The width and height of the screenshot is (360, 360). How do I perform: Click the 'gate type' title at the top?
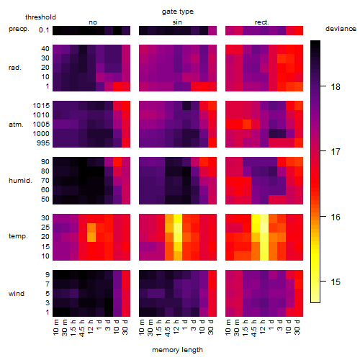click(178, 12)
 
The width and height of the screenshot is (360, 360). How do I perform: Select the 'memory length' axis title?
click(177, 350)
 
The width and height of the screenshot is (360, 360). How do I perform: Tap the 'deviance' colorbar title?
click(341, 29)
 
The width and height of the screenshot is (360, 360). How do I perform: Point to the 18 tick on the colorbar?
click(323, 86)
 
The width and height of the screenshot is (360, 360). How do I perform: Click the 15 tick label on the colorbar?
click(336, 282)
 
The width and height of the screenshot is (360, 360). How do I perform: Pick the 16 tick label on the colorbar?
click(336, 217)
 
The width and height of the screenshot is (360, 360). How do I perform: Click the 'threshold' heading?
click(40, 17)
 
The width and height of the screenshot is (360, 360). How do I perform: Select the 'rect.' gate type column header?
click(262, 22)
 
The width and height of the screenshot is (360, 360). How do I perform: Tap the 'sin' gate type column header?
click(177, 22)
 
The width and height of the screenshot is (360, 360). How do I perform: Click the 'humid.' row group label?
click(20, 181)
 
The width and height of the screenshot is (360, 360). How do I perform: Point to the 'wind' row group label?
click(17, 294)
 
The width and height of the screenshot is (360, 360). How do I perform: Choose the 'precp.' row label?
click(19, 29)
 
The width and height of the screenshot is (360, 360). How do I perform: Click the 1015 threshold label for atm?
click(41, 106)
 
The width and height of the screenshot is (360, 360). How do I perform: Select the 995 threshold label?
click(43, 143)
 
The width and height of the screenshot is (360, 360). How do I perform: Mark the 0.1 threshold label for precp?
click(44, 30)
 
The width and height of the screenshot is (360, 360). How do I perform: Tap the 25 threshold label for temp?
click(45, 228)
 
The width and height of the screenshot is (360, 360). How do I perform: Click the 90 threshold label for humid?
click(45, 162)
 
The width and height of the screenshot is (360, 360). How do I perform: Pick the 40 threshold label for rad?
click(45, 49)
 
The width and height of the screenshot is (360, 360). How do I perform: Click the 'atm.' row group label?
click(16, 125)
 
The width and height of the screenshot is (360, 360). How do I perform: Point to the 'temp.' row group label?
click(18, 236)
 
